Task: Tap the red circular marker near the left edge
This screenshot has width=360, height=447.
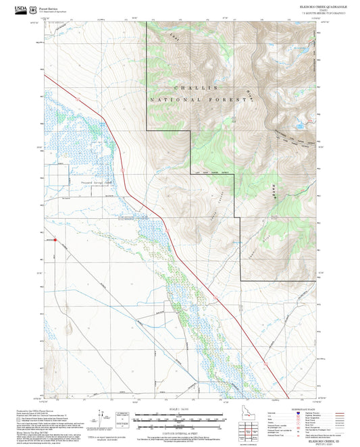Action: point(55,239)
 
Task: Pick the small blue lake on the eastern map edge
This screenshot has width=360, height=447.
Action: point(297,125)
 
